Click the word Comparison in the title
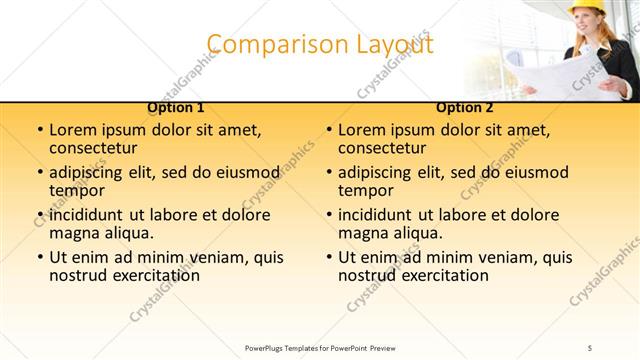[x=264, y=45]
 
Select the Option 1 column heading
[x=176, y=107]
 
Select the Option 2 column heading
[x=465, y=107]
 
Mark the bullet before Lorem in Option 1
[x=38, y=131]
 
